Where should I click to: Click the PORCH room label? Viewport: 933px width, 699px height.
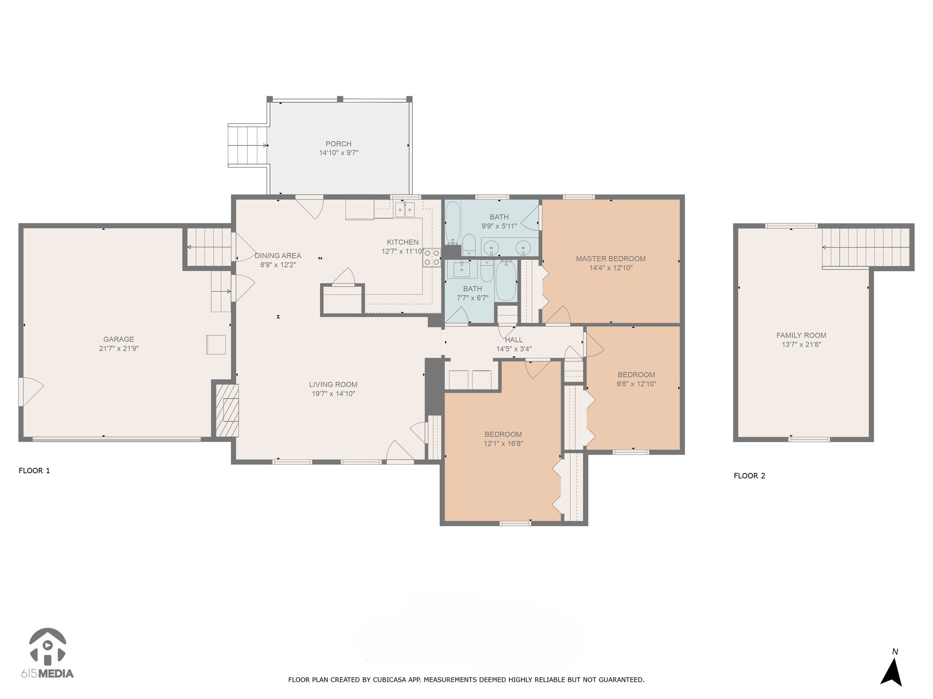338,144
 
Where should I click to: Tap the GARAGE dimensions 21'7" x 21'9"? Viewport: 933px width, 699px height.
119,349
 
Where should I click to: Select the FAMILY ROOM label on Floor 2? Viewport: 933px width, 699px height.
801,335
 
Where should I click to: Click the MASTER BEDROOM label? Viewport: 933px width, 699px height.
611,258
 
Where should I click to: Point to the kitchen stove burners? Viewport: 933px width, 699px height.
432,257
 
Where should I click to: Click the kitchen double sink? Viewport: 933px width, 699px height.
405,210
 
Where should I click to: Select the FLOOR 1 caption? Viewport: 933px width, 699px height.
34,471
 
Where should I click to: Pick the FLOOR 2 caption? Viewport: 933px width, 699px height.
749,476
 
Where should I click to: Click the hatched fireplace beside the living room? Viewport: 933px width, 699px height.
227,410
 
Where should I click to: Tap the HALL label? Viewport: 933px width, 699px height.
514,339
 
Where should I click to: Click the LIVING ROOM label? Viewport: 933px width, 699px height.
333,385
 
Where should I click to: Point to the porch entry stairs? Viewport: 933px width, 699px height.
248,146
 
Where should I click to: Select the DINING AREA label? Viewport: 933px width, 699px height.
278,256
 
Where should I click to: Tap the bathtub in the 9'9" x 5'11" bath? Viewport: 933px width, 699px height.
453,223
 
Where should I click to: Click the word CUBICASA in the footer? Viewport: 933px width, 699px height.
393,680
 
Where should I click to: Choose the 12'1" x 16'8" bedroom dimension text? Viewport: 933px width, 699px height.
503,444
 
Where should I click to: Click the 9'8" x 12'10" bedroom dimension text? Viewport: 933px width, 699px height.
636,384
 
